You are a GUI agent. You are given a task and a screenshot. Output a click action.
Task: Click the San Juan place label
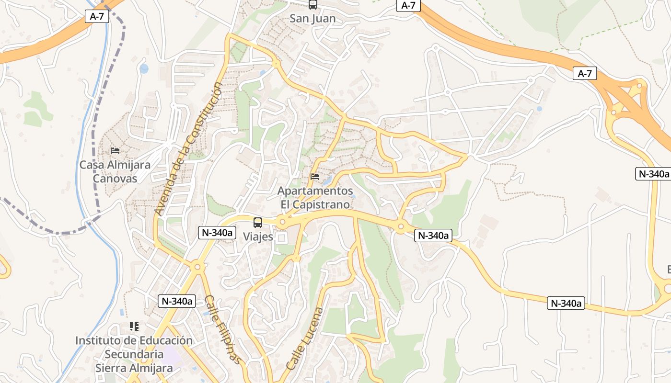pyautogui.click(x=312, y=19)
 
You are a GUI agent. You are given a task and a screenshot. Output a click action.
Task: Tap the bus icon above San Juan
pyautogui.click(x=312, y=5)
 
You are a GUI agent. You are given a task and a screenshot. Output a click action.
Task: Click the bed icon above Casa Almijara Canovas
pyautogui.click(x=115, y=150)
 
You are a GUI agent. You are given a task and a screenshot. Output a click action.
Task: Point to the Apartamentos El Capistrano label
pyautogui.click(x=315, y=197)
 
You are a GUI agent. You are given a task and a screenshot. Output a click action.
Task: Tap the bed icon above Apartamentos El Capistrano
pyautogui.click(x=315, y=177)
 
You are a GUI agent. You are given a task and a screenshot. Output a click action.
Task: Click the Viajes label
pyautogui.click(x=258, y=237)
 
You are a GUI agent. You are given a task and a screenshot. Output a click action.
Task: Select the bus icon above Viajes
pyautogui.click(x=258, y=222)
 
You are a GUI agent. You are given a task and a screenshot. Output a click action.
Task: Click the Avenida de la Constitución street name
pyautogui.click(x=189, y=148)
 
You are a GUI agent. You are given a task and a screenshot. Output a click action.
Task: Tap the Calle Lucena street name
pyautogui.click(x=305, y=338)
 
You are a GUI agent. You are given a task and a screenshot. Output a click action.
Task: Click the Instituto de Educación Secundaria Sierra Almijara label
pyautogui.click(x=134, y=354)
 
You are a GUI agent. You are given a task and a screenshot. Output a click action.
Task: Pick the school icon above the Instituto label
pyautogui.click(x=134, y=327)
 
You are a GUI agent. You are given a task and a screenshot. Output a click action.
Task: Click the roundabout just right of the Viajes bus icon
pyautogui.click(x=282, y=221)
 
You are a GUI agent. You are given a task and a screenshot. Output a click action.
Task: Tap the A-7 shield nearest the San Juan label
pyautogui.click(x=408, y=5)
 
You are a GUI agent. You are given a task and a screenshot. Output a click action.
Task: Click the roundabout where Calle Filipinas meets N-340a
pyautogui.click(x=197, y=267)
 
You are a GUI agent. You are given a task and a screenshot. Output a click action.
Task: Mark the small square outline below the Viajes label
pyautogui.click(x=281, y=238)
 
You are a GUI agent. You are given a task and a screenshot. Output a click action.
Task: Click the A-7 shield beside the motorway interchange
pyautogui.click(x=585, y=73)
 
